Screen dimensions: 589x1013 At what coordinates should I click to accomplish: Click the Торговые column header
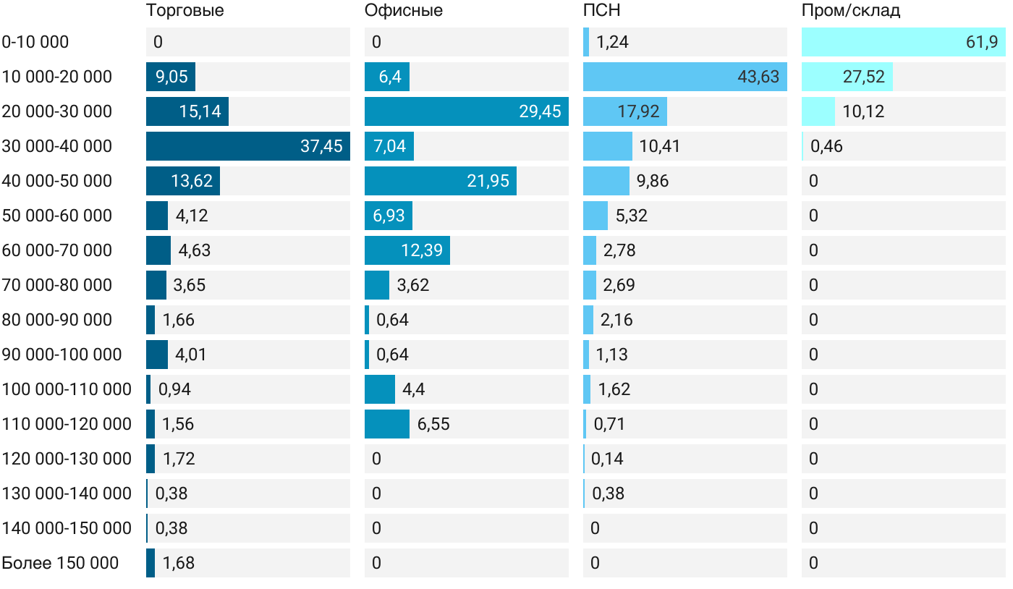click(x=185, y=10)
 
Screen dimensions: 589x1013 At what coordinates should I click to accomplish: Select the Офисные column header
click(x=404, y=10)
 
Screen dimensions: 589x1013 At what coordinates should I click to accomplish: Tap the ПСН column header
click(x=602, y=10)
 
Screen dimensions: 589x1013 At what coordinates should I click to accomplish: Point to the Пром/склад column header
click(x=851, y=10)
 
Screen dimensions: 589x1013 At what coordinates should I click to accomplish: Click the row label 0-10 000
click(x=35, y=42)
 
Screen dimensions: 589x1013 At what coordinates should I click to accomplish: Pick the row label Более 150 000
click(x=60, y=563)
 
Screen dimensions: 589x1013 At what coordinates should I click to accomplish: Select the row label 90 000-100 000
click(x=62, y=355)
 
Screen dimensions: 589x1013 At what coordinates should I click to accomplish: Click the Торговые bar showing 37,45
click(x=248, y=146)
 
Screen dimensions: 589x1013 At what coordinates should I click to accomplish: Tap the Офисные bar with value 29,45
click(x=466, y=111)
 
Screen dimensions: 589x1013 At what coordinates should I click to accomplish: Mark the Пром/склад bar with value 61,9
click(x=903, y=42)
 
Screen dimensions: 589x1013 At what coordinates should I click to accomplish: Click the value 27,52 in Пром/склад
click(x=863, y=77)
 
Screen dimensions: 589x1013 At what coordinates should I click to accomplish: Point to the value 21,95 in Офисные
click(x=488, y=181)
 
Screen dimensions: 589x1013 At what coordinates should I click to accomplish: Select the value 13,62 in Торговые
click(x=192, y=181)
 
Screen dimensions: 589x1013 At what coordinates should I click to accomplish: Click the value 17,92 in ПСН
click(x=638, y=111)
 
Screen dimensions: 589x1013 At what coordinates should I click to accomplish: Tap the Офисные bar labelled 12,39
click(x=407, y=250)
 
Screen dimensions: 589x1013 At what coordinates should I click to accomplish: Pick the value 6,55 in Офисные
click(x=433, y=424)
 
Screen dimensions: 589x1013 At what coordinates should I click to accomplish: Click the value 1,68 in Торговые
click(x=178, y=563)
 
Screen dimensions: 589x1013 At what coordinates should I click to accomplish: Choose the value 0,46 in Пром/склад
click(x=826, y=146)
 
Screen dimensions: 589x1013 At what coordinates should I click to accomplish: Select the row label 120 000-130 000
click(x=67, y=459)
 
